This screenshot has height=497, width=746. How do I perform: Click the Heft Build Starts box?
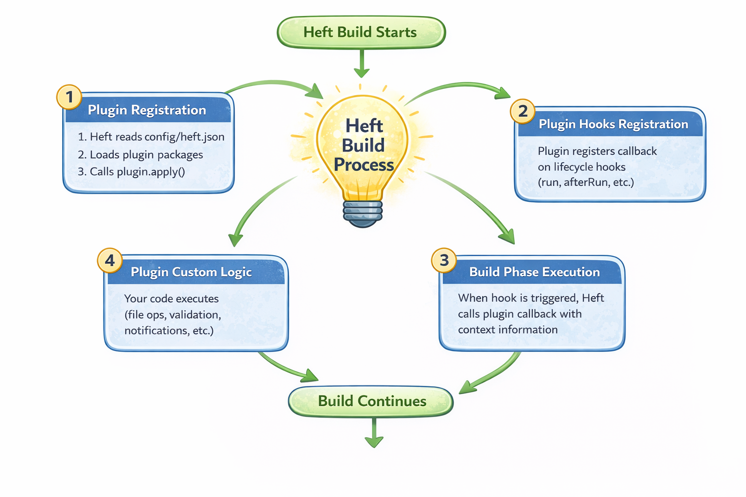[x=361, y=33]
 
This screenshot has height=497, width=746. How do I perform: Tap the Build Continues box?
[x=371, y=401]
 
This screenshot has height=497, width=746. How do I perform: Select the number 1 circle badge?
[x=69, y=97]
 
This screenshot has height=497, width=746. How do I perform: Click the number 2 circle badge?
[x=522, y=111]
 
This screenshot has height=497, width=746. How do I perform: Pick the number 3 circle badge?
[x=444, y=260]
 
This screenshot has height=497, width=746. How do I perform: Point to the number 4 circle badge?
[x=110, y=261]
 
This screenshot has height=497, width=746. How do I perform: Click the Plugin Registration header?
[x=148, y=110]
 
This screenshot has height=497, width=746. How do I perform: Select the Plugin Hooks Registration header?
[x=613, y=124]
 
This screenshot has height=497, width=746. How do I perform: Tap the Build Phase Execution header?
[x=534, y=272]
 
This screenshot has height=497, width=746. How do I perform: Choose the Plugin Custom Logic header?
[x=191, y=272]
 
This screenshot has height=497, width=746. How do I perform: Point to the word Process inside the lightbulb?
[x=364, y=165]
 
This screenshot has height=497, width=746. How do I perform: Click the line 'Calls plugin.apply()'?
[x=132, y=172]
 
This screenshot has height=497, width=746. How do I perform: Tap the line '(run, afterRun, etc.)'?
[x=586, y=183]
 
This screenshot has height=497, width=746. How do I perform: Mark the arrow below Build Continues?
[x=374, y=433]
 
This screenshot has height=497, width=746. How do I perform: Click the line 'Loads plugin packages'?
[x=141, y=155]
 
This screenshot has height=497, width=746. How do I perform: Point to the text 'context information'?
[x=508, y=330]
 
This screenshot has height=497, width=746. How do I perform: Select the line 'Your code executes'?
[x=171, y=299]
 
